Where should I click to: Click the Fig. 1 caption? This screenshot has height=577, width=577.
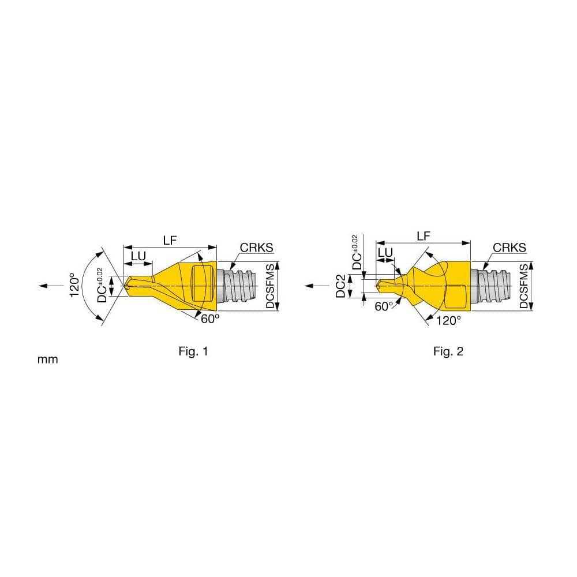coord(193,351)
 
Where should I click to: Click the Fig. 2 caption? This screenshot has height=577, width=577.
coord(448,351)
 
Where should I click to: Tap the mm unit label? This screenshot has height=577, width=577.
coord(48,359)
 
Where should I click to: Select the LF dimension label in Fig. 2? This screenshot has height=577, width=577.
coord(424,236)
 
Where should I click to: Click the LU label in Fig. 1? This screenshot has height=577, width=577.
coord(138,254)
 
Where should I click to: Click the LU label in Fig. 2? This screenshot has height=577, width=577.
coord(385,252)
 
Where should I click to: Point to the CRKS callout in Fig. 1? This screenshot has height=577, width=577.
coord(256,248)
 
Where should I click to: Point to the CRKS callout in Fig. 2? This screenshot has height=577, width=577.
coord(509,248)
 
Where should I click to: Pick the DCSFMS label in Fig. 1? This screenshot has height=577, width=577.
coord(272,286)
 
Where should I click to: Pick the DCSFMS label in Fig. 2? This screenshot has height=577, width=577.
coord(524,286)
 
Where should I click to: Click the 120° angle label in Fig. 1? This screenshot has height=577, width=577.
coord(73,285)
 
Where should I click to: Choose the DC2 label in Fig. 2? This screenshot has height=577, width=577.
coord(341,286)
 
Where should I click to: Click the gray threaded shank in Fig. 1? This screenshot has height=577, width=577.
coord(238,285)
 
